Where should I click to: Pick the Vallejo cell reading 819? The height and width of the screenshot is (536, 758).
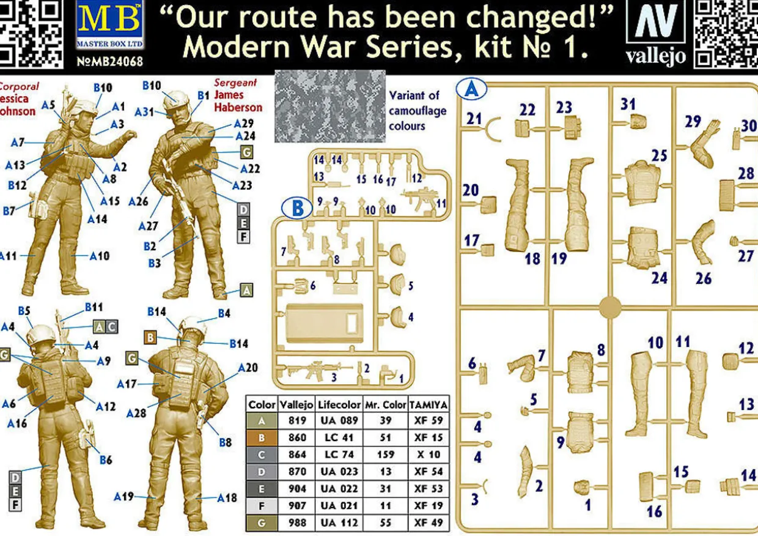(296, 421)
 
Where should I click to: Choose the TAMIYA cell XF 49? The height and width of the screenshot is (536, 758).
(429, 523)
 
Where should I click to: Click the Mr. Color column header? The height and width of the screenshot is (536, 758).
(385, 404)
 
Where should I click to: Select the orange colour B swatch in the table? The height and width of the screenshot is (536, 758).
(262, 438)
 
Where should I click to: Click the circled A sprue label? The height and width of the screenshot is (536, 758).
(471, 91)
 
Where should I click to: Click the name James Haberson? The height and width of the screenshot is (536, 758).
(238, 101)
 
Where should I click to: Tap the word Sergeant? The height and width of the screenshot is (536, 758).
(235, 83)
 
